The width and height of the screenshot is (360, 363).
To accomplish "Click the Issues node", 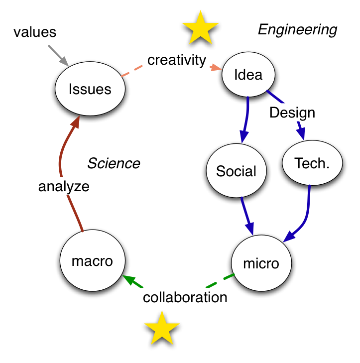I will (90, 90).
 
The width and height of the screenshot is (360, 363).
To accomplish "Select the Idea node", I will (248, 75).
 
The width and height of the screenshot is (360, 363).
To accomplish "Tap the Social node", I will (236, 171).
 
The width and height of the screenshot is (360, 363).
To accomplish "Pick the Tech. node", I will (312, 163).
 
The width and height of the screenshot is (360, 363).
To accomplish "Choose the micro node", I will (261, 263).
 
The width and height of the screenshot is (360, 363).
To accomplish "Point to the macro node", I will (92, 261).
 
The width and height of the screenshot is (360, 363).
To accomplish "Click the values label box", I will (35, 32).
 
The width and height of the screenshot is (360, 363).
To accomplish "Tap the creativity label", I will (177, 60).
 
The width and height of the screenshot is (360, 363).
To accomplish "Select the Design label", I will (292, 113).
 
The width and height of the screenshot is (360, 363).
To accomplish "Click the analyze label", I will (64, 186).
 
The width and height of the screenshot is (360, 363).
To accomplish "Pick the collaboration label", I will (185, 297).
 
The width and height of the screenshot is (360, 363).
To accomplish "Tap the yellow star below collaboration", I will (162, 328).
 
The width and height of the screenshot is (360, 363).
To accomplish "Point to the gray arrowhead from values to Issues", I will (63, 61).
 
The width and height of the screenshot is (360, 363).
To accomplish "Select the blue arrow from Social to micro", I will (247, 214).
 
